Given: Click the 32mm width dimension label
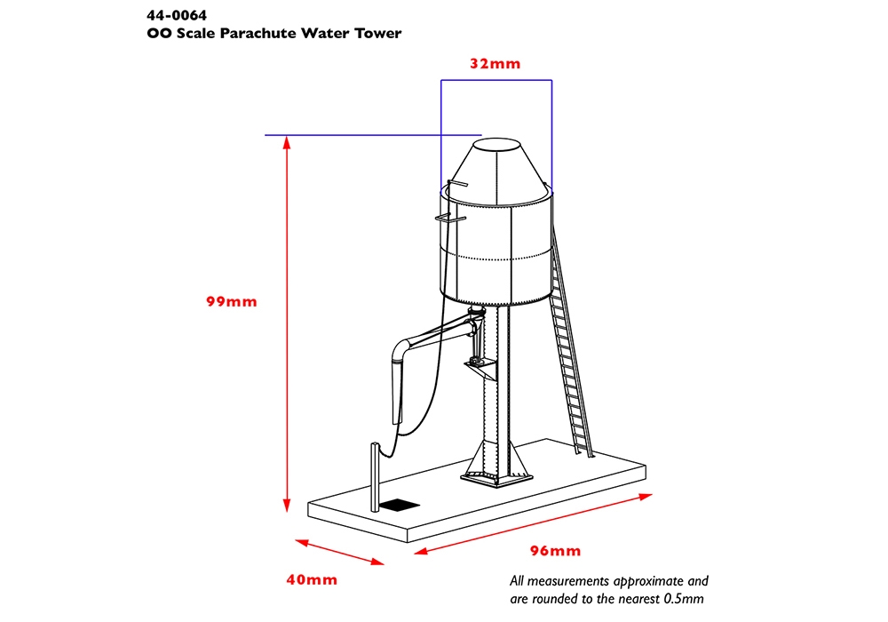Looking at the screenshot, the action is tap(495, 63).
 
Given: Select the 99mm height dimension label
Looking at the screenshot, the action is tap(232, 301).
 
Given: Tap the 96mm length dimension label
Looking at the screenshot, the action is tap(556, 551).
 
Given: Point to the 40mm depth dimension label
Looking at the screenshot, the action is tap(312, 579).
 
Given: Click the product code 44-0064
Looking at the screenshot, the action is tap(177, 15).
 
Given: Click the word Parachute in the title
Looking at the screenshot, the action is tap(258, 33).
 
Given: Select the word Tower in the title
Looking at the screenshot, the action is tap(378, 33).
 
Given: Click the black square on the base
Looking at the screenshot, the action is tap(400, 505).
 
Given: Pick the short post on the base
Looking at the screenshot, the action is tap(375, 477).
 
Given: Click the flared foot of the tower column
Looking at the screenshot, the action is tap(496, 463).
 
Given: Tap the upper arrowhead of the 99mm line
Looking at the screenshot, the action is tap(287, 143).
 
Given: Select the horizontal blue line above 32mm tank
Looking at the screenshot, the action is tap(496, 80).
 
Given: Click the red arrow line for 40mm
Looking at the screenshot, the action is tap(340, 553).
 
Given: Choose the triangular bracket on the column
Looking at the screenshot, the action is tap(480, 371).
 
